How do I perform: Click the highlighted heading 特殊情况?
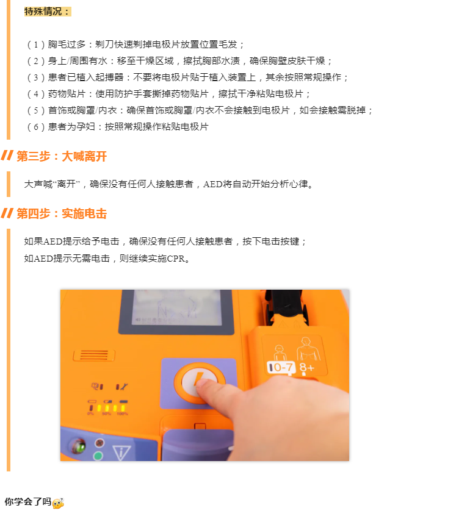click(48, 12)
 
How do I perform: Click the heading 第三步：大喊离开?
click(62, 156)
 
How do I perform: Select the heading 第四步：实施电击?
click(62, 214)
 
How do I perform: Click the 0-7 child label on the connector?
click(281, 367)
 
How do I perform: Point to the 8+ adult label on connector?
click(306, 367)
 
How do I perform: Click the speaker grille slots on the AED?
click(94, 355)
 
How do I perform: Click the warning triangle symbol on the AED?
click(121, 452)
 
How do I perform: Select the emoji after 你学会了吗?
click(59, 503)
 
